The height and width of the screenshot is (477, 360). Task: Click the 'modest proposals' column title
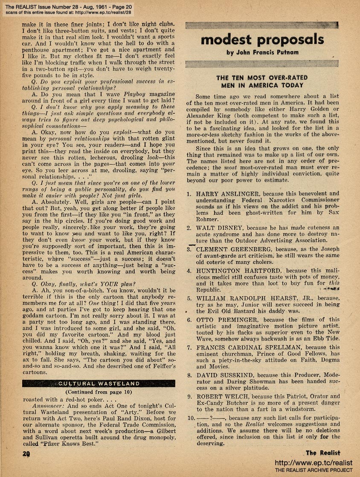(262, 40)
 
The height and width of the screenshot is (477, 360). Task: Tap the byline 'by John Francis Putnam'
(262, 53)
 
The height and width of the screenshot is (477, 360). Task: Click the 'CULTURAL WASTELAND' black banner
(98, 383)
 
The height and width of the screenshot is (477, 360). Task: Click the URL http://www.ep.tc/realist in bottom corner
(314, 463)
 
